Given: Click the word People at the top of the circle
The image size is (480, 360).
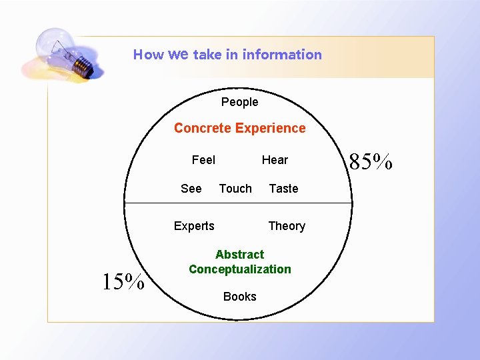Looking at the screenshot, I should (x=239, y=102).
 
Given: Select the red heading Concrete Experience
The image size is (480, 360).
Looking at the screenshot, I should (x=239, y=128).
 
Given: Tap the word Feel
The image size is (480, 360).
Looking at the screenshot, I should (x=203, y=160).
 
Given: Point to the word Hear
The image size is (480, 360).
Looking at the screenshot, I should (x=275, y=160).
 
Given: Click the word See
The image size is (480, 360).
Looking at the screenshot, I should (x=191, y=189).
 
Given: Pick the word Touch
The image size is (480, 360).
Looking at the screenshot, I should (x=235, y=189).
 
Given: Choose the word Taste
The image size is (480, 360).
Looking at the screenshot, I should (x=283, y=189).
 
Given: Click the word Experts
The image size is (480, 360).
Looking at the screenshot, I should (x=194, y=226).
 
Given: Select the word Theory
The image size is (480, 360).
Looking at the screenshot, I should (x=287, y=226).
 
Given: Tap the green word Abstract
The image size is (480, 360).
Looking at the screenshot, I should (x=239, y=255).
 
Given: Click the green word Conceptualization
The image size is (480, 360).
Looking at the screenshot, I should (x=239, y=269).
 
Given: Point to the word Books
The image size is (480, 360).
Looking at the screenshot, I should (x=239, y=297).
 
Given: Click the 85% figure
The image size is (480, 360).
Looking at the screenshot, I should (x=371, y=161).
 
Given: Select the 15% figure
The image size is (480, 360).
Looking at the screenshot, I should (x=123, y=282).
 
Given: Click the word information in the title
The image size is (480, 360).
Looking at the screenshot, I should (x=282, y=55).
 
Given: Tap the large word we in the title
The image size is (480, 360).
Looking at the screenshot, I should (x=178, y=54).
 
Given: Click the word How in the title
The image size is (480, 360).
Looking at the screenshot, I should (x=147, y=55).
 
